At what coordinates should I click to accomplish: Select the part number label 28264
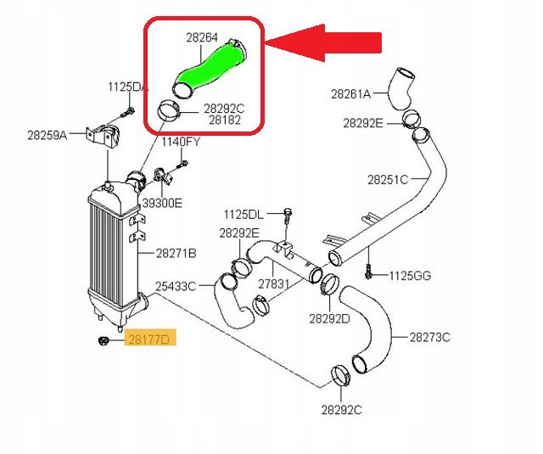click(202, 37)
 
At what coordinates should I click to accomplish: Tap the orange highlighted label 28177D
click(148, 340)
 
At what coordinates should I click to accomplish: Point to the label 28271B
click(176, 253)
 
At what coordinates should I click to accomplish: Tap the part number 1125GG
click(411, 275)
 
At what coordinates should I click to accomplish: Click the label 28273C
click(429, 337)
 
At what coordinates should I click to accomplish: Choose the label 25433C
click(176, 286)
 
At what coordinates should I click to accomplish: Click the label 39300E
click(162, 204)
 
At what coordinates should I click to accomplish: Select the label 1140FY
click(181, 141)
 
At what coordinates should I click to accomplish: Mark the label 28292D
click(330, 319)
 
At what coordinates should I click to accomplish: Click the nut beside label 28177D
click(102, 340)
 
